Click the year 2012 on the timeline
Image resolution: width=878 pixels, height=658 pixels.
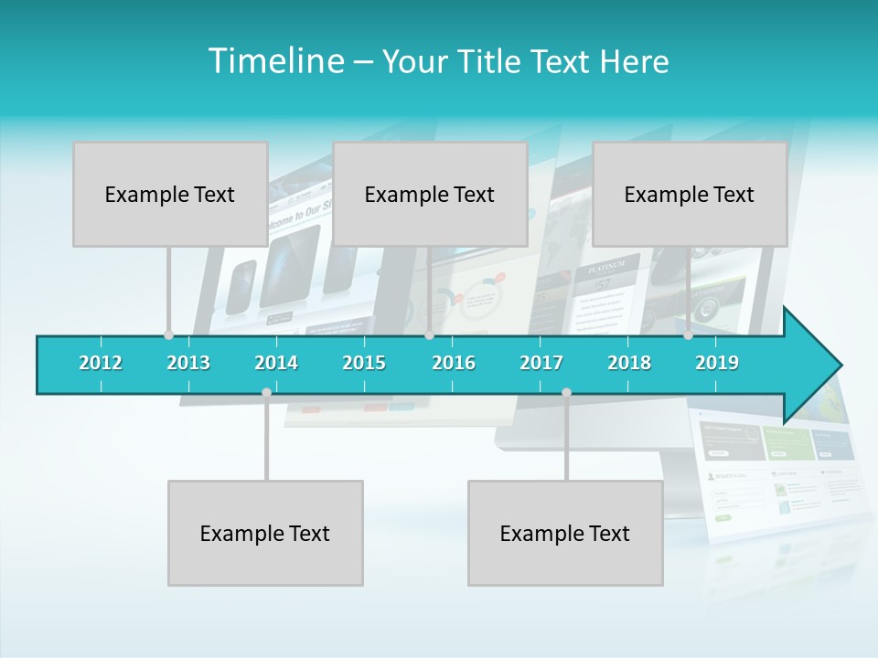[101, 363]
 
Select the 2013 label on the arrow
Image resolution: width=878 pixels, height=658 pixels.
[188, 363]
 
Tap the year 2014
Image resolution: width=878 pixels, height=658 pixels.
[276, 363]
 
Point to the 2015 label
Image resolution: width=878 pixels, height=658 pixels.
[364, 363]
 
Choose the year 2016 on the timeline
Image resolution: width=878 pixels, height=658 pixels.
[454, 363]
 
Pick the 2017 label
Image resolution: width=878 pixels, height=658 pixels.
[541, 363]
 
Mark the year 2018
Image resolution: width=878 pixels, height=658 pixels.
[629, 363]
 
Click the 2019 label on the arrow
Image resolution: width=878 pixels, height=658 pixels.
[717, 363]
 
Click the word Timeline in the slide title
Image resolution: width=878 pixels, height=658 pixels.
[274, 61]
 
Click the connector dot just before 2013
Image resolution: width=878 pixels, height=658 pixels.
[168, 335]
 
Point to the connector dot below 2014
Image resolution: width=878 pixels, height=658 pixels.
[266, 393]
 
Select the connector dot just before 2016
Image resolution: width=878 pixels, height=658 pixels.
[429, 335]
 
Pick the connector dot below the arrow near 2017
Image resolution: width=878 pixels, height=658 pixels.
[566, 393]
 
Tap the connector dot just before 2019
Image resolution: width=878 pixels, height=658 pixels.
[689, 335]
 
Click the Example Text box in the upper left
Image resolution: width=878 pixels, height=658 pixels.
[170, 194]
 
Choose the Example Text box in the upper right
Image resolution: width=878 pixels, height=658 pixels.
[690, 194]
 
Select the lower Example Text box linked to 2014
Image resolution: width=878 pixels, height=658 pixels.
[265, 533]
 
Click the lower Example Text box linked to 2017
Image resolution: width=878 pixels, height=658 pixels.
[565, 533]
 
